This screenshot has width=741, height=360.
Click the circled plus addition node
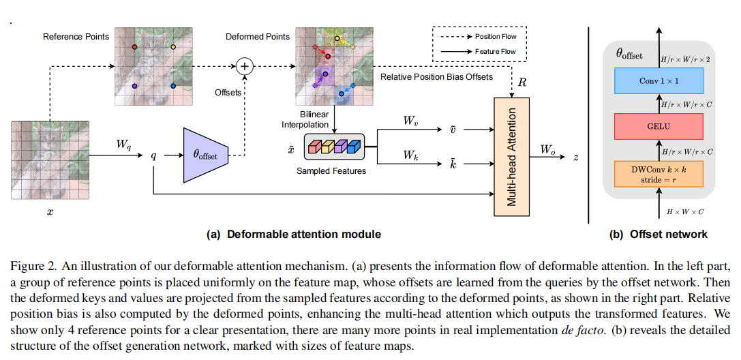coord(244,66)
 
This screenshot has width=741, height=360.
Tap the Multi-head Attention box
coord(512,157)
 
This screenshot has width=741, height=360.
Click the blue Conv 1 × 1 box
coord(659,80)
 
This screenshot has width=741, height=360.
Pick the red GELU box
coord(659,127)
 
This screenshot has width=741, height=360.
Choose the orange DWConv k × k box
coord(659,174)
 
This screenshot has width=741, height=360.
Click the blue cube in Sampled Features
coord(354,147)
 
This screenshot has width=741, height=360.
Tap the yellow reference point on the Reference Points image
coord(173,47)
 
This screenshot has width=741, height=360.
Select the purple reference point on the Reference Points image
coord(135,86)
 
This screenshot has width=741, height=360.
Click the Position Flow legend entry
coord(479,36)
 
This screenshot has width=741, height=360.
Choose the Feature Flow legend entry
coord(479,51)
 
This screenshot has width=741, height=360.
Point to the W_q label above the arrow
coord(124,145)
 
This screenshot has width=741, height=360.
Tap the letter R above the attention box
coord(522,82)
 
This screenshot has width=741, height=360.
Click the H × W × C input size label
coord(685,211)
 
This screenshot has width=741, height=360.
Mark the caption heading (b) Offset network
coord(659,234)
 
